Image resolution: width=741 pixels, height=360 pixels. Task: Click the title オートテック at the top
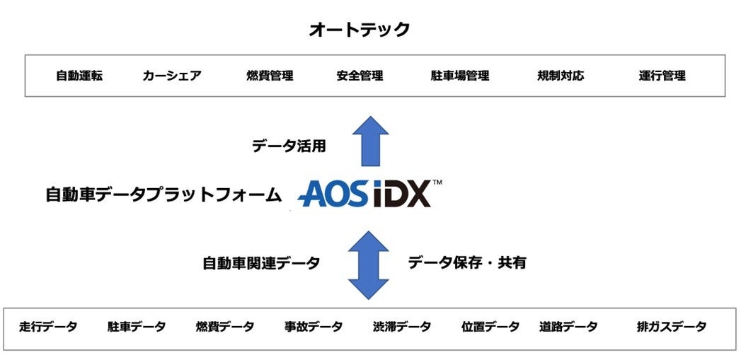(360, 30)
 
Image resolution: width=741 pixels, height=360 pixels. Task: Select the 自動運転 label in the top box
(79, 76)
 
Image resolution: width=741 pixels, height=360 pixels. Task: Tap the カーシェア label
(172, 76)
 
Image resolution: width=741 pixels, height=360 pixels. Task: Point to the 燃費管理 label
(270, 76)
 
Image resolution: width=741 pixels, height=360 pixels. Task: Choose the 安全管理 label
(360, 76)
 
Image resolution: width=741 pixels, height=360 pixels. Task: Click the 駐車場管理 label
(459, 76)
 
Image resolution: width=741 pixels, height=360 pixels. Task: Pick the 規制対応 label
(561, 76)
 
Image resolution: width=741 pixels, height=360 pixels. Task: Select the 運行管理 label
(662, 76)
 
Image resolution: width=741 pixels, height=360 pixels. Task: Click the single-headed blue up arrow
(370, 141)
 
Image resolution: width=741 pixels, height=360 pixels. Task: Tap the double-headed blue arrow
(369, 265)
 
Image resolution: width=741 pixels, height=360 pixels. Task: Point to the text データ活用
(289, 146)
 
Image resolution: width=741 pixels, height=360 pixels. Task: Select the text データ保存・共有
(467, 262)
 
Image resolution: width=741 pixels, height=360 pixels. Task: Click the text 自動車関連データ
(261, 263)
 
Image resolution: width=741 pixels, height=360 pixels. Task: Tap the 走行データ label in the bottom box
(48, 327)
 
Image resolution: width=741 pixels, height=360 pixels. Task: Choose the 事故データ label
(314, 327)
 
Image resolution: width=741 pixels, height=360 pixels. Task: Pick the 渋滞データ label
(402, 327)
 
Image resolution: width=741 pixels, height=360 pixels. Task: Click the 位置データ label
(490, 327)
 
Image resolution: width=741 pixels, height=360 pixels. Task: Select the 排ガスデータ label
(671, 327)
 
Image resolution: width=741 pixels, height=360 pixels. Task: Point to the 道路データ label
(568, 327)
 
